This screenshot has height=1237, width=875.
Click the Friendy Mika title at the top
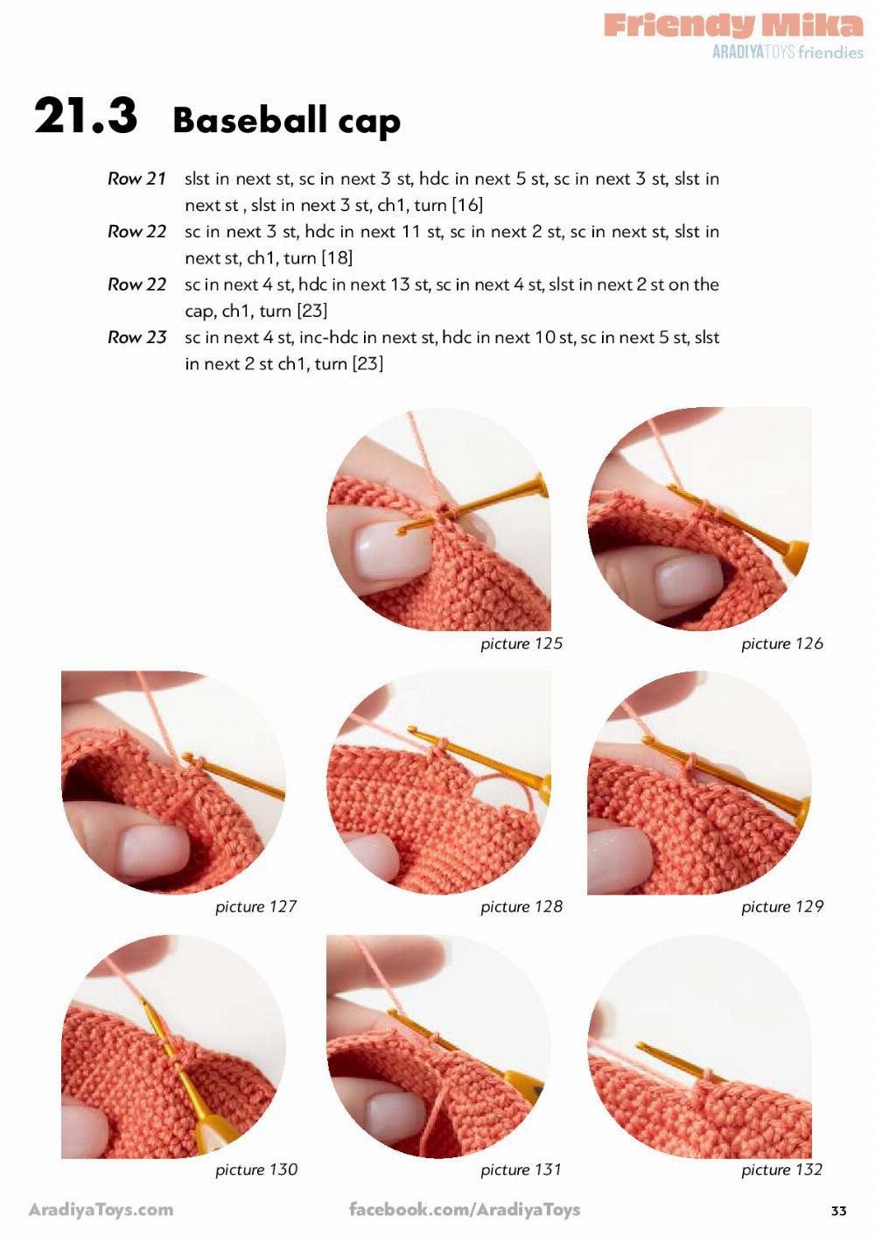(x=733, y=25)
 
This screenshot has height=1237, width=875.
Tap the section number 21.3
(x=86, y=116)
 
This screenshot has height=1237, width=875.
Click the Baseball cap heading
(x=286, y=121)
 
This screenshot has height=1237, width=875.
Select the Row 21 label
(x=136, y=179)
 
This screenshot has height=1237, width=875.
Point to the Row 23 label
(x=136, y=337)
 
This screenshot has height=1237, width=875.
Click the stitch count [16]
(x=467, y=206)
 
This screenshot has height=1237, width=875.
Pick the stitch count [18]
(x=337, y=258)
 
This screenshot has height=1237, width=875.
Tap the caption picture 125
(x=521, y=643)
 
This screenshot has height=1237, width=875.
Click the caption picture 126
(x=781, y=643)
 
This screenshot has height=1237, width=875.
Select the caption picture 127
(x=255, y=906)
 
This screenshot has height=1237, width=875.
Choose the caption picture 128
(x=521, y=906)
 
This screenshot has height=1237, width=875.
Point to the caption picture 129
(x=781, y=906)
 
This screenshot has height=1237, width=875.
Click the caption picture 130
(x=256, y=1169)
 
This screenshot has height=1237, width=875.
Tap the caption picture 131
(x=521, y=1169)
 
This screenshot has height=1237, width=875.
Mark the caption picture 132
(x=781, y=1169)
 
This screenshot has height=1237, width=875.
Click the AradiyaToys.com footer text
(x=101, y=1210)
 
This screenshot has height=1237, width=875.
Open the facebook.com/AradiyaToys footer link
(x=465, y=1210)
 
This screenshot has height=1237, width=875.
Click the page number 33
(x=838, y=1211)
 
